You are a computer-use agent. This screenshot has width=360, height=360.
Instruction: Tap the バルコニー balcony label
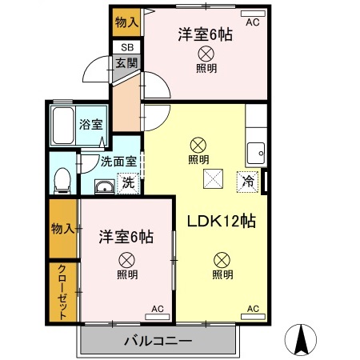(158, 342)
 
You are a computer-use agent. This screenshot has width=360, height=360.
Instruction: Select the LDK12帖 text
(222, 222)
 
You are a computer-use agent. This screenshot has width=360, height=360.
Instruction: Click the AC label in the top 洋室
(253, 22)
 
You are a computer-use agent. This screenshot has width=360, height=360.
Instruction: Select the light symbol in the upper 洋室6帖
(206, 54)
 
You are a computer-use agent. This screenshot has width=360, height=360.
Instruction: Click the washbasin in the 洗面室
(105, 187)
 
